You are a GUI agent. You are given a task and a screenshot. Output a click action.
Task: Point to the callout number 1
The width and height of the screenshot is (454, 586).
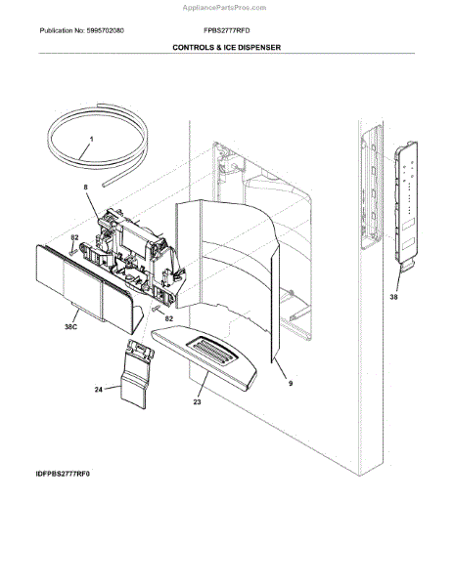(91, 140)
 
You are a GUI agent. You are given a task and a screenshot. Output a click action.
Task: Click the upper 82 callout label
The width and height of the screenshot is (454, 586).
(74, 237)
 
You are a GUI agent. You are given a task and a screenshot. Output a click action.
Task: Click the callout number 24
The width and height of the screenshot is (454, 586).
(97, 389)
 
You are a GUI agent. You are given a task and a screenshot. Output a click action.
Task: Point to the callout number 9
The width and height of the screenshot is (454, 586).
(291, 385)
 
